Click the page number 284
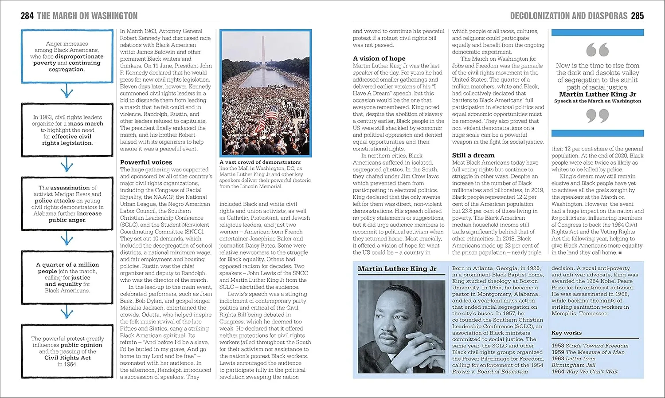coord(27,16)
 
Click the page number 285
coord(637,16)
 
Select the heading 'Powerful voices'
coord(146,162)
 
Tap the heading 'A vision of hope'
coord(379,59)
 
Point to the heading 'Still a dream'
coord(473,155)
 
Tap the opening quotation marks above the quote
coord(597,50)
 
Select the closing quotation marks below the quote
coord(597,116)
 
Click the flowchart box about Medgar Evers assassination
coord(67,204)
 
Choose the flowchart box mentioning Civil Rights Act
coord(67,351)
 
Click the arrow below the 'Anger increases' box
coord(66,92)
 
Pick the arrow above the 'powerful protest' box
coord(66,313)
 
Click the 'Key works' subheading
coord(566,333)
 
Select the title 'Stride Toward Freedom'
coord(597,346)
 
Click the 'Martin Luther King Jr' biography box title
coord(397,269)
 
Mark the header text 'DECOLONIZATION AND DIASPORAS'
coord(568,16)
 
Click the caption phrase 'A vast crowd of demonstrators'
coord(260,162)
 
